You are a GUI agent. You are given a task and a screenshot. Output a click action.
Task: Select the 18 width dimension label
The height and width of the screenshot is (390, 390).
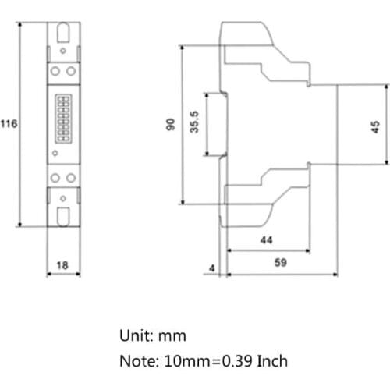[x=63, y=265]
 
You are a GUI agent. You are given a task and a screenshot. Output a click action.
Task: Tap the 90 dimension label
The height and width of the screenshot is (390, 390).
[x=171, y=125]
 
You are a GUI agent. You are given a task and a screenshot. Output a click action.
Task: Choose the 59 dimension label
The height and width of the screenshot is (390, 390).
[x=281, y=264]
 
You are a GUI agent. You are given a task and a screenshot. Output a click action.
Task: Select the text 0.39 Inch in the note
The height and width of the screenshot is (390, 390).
[x=252, y=361]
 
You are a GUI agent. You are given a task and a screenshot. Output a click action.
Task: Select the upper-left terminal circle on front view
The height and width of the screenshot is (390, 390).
[x=56, y=70]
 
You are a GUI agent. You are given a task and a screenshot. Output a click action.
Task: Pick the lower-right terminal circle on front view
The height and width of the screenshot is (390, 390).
[x=71, y=179]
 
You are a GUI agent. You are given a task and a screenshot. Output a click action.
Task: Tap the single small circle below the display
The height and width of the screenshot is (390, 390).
[x=55, y=154]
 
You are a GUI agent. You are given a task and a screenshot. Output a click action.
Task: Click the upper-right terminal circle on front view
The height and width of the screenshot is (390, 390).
[x=71, y=70]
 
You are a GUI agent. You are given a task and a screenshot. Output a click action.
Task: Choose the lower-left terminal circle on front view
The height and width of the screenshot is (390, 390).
[x=56, y=179]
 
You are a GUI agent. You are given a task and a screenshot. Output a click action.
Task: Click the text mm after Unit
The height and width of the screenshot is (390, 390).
[x=174, y=336]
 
